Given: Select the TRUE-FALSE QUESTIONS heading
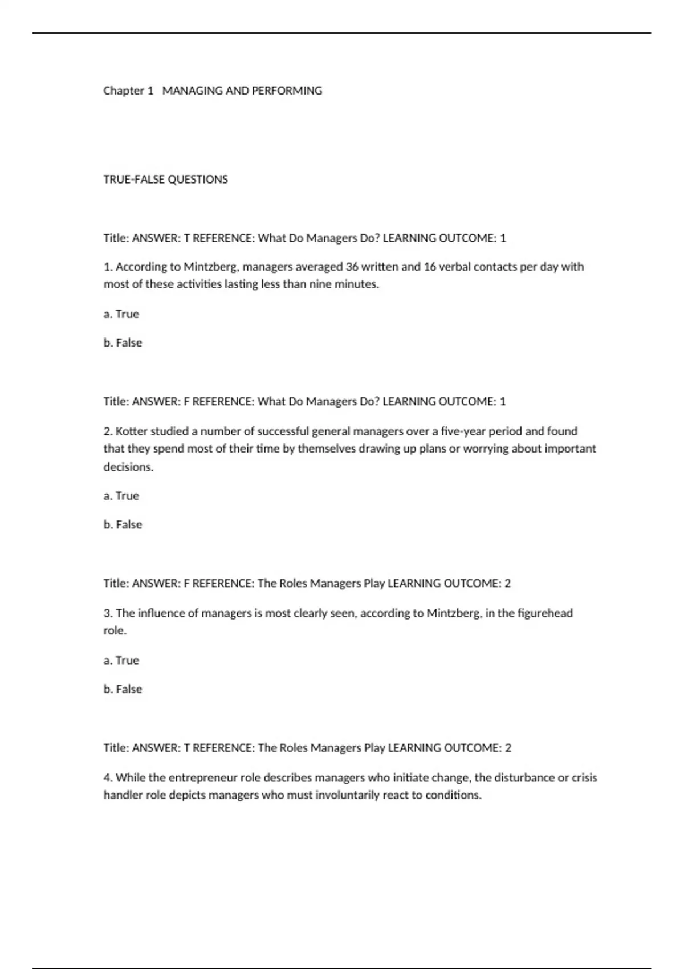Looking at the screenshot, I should pyautogui.click(x=165, y=180).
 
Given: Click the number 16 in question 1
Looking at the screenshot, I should pyautogui.click(x=430, y=267).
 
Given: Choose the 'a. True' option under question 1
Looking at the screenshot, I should pyautogui.click(x=121, y=314).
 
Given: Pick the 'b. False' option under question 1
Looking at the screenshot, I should pyautogui.click(x=123, y=343).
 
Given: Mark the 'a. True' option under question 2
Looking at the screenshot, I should pyautogui.click(x=121, y=496).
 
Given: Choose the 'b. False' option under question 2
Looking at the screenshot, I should pyautogui.click(x=123, y=524).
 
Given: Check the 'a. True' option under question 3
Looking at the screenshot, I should pyautogui.click(x=121, y=660).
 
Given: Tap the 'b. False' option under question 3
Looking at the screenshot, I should pyautogui.click(x=123, y=689).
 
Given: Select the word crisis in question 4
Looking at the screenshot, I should pyautogui.click(x=585, y=777).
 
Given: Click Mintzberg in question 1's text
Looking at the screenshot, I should pyautogui.click(x=210, y=267).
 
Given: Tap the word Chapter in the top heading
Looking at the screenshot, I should pyautogui.click(x=124, y=91).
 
